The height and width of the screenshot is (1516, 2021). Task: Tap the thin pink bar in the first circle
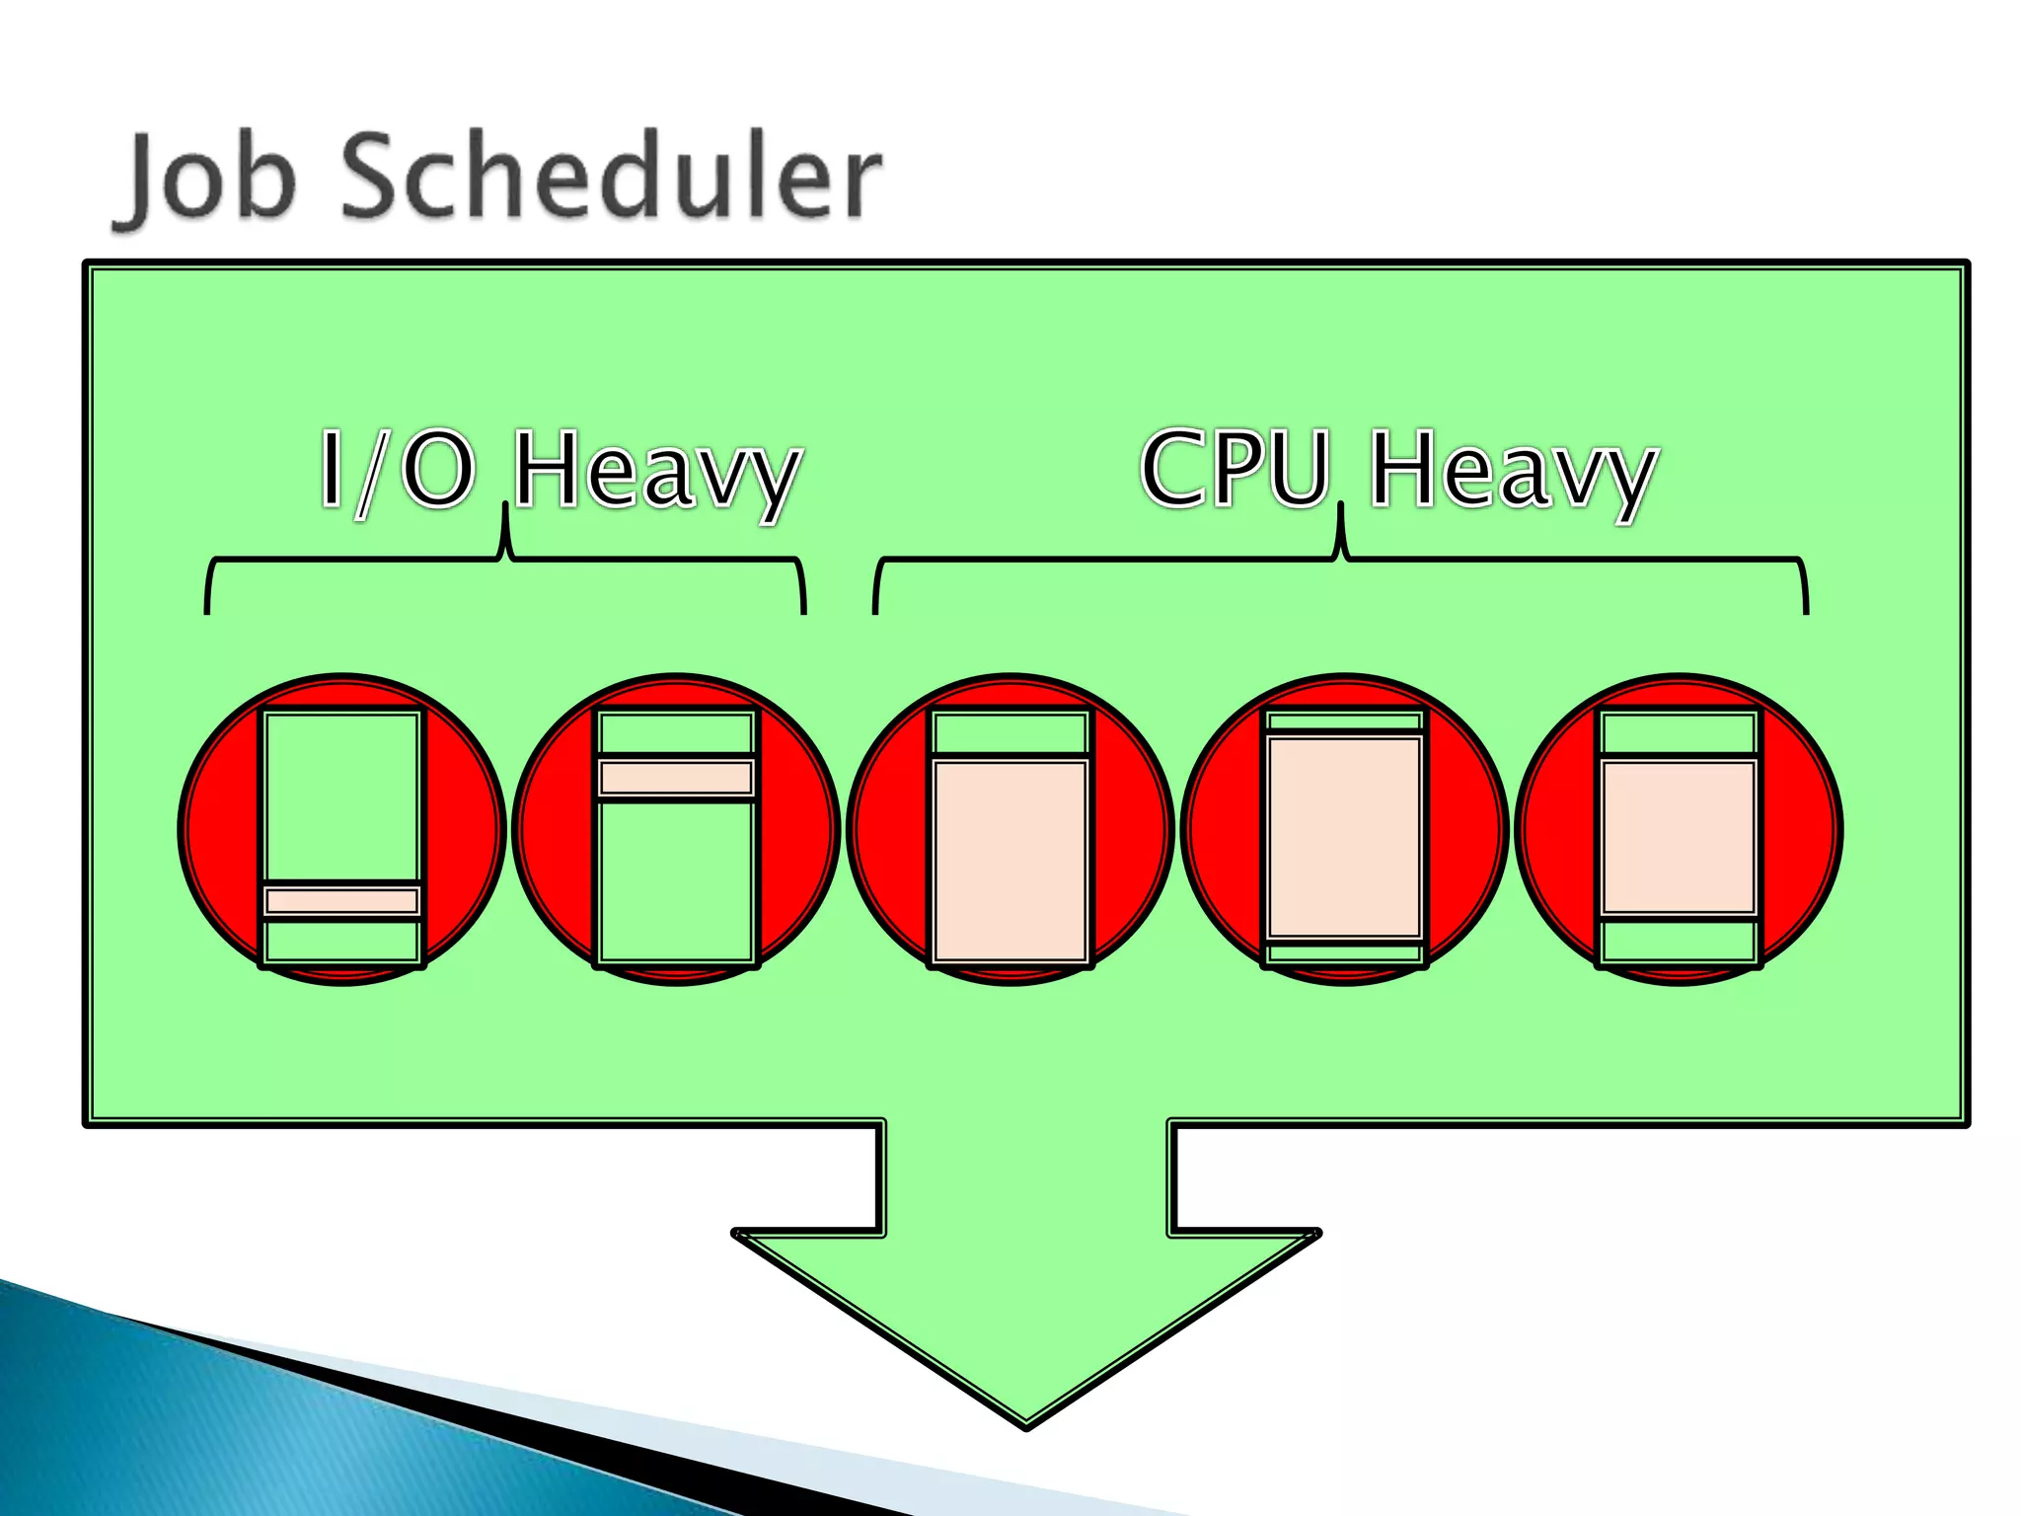[x=342, y=900]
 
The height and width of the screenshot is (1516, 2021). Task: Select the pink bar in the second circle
[x=677, y=778]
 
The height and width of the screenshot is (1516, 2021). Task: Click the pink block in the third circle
[x=1010, y=859]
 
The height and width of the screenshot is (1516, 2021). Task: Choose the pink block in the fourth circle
[x=1344, y=837]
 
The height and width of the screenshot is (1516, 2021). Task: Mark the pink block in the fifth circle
[x=1679, y=837]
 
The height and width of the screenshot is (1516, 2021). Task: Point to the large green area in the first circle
[x=342, y=796]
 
